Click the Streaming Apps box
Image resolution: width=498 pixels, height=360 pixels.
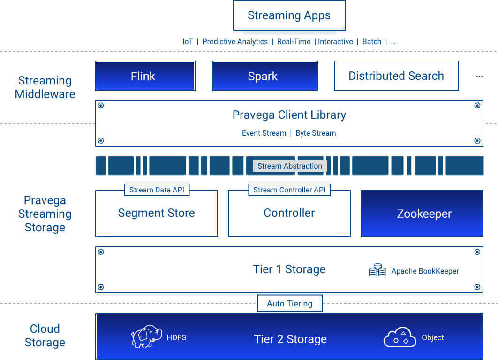289,15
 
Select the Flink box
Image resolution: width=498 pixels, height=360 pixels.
145,76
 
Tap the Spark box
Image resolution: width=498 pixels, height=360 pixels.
264,76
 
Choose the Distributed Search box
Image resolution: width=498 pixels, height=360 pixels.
396,76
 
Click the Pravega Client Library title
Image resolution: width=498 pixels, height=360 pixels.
289,115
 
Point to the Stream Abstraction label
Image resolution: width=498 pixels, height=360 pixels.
289,166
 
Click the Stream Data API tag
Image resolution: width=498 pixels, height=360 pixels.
157,190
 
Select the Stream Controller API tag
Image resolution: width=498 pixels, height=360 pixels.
289,190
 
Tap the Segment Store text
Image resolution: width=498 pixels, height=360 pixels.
156,213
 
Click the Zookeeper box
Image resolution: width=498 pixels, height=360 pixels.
422,214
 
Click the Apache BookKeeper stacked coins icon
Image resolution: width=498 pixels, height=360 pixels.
377,270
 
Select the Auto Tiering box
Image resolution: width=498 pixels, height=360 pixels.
289,303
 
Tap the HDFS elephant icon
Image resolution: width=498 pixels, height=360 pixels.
146,337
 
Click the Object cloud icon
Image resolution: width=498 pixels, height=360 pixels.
400,337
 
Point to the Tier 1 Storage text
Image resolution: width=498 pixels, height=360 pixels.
289,269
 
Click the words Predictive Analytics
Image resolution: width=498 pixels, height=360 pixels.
235,42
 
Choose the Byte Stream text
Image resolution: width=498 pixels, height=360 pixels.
316,133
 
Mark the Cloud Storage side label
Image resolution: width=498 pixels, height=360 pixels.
45,336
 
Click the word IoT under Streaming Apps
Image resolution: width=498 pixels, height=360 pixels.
188,42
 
